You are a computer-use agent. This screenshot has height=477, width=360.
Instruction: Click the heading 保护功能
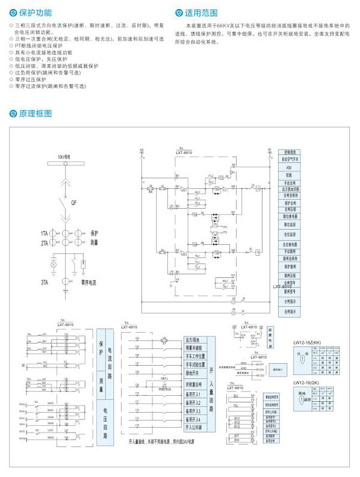[35, 11]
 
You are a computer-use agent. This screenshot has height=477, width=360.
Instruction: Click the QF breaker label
[74, 203]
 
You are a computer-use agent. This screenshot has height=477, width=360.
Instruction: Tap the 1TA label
[45, 232]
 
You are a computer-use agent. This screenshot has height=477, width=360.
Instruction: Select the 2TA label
[45, 242]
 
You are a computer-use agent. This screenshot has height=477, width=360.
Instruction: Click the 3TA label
[45, 282]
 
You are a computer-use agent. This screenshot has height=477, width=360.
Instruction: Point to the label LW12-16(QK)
[305, 383]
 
